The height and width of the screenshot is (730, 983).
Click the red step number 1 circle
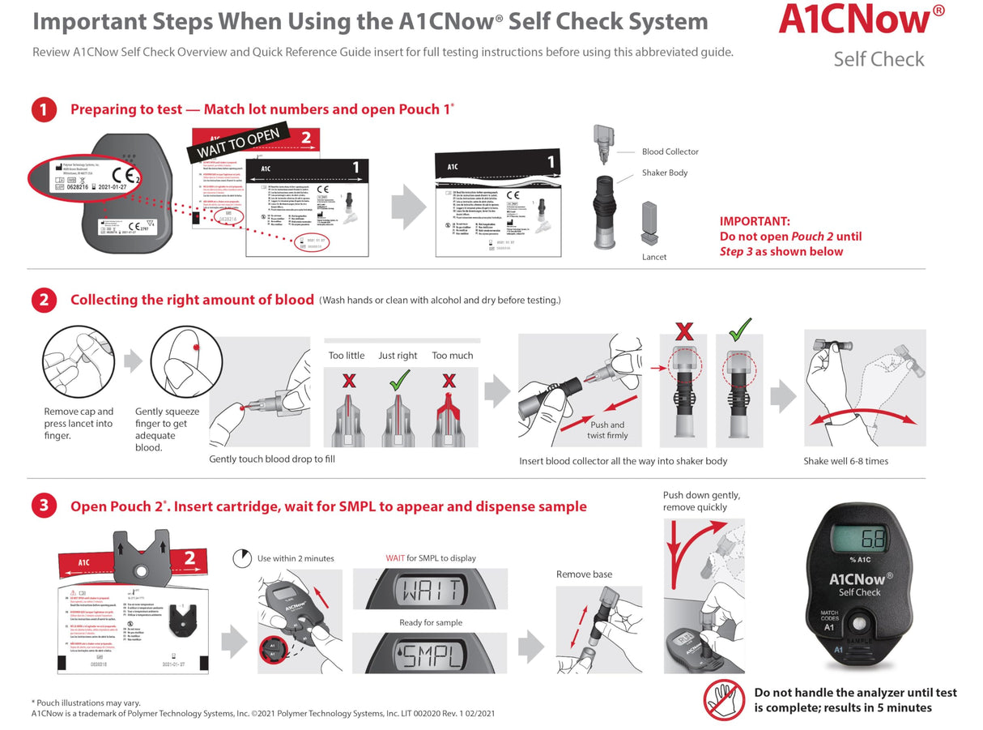point(44,109)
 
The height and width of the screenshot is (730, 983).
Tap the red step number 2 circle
point(44,301)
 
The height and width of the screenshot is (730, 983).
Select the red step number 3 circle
point(44,507)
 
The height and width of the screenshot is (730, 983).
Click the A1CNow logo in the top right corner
point(861,20)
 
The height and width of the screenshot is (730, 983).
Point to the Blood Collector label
point(670,152)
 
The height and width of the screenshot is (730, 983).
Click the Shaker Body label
point(664,173)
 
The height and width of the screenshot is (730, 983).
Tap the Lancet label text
point(654,257)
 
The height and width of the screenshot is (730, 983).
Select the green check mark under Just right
point(399,379)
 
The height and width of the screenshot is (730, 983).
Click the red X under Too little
point(348,380)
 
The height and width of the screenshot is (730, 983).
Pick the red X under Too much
point(449,380)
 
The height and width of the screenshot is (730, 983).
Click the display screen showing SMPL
point(430,655)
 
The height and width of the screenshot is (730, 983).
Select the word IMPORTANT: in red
point(755,221)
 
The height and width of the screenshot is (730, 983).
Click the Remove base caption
point(584,574)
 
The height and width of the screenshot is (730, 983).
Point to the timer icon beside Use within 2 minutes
point(241,558)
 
